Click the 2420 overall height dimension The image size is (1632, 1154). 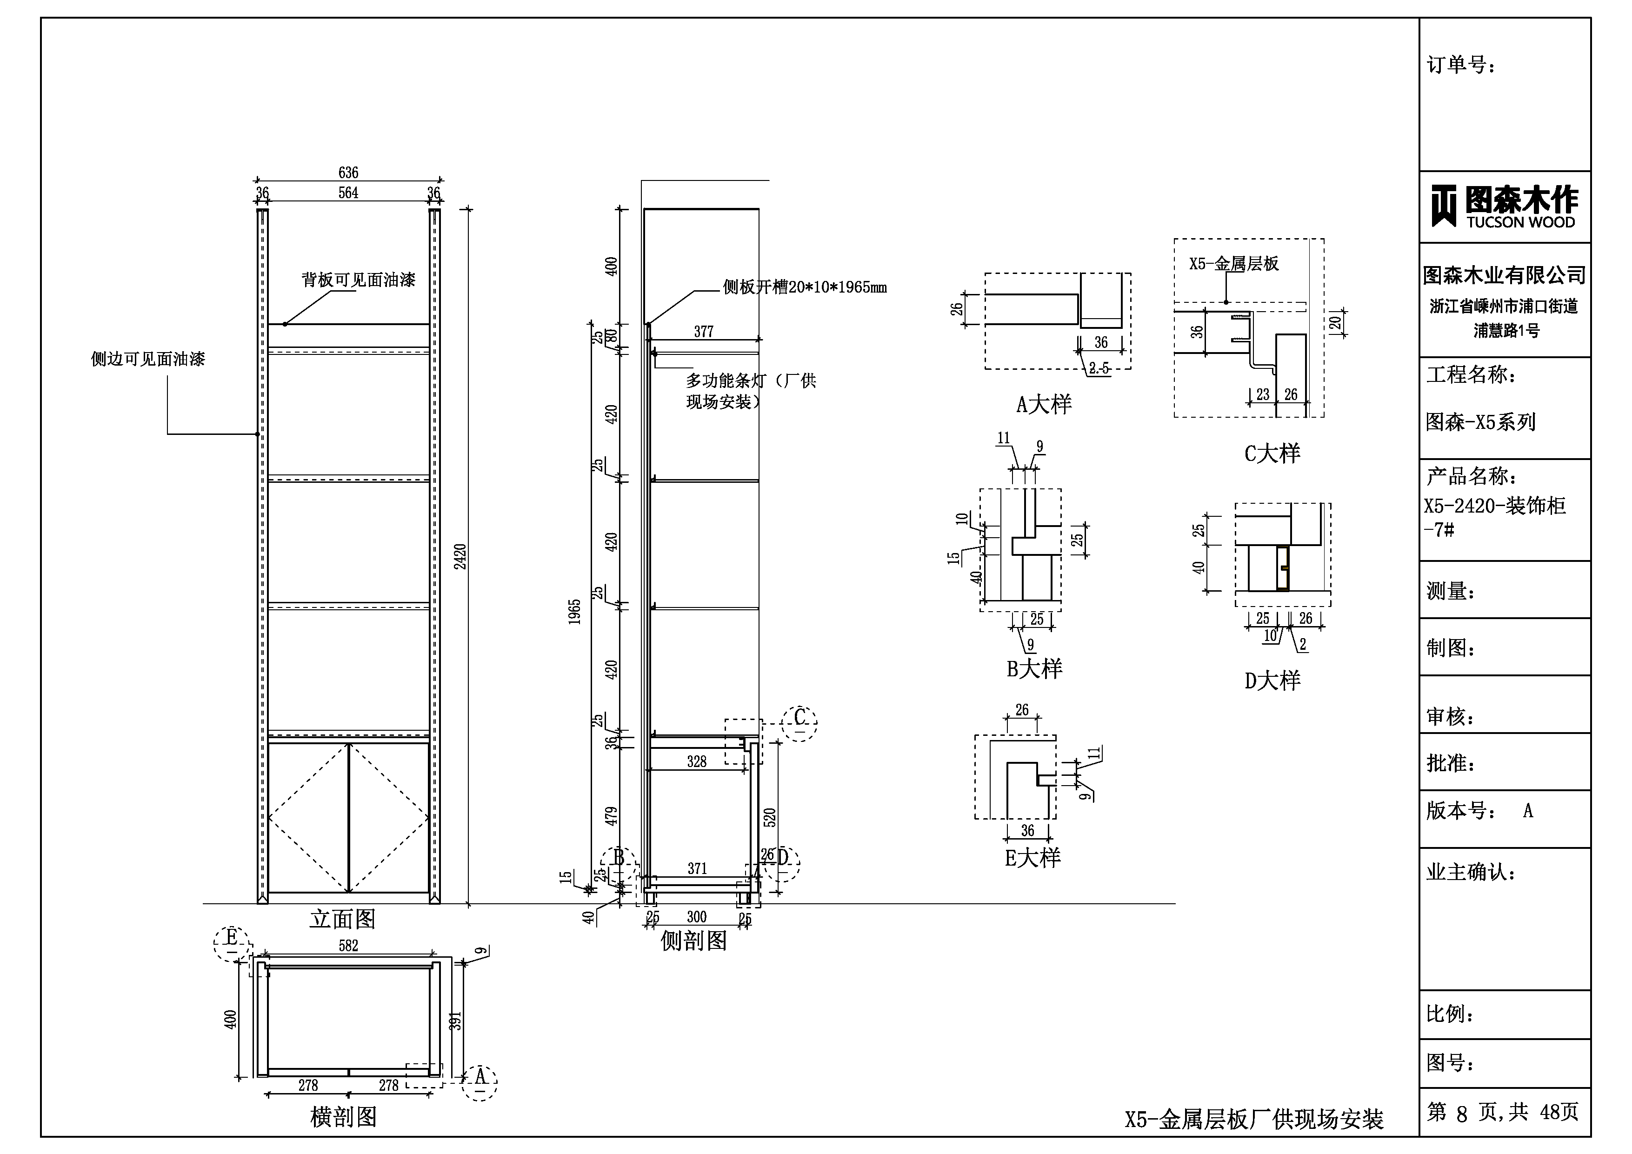point(460,556)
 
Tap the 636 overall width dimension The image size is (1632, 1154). point(348,173)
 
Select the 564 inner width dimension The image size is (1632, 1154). point(348,193)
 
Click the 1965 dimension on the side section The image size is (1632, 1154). point(574,612)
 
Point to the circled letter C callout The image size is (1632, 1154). point(799,717)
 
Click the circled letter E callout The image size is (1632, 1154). point(232,939)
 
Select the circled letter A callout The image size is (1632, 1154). point(480,1077)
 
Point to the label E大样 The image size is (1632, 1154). point(1032,858)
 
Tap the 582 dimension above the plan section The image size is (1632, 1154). point(348,946)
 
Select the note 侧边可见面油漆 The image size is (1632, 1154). point(148,359)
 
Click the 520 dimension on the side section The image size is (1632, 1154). point(769,818)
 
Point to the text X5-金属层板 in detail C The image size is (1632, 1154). point(1234,264)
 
